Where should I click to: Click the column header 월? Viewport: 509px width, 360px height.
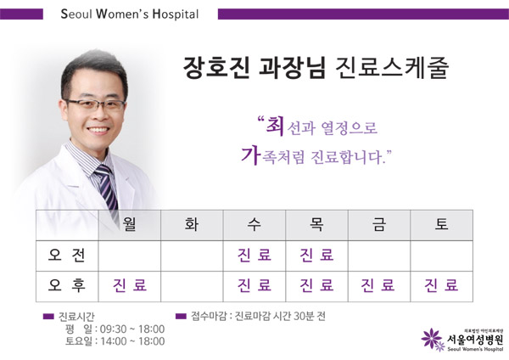[130, 225]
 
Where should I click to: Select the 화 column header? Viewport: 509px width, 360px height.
[192, 225]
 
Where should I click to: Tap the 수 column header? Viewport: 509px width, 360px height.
[255, 225]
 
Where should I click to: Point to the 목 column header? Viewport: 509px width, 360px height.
[316, 225]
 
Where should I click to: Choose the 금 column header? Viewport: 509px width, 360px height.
[379, 225]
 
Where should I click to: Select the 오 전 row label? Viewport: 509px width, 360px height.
[67, 255]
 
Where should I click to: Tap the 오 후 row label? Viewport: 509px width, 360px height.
[67, 285]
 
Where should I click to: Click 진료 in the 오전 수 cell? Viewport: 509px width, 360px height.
[255, 255]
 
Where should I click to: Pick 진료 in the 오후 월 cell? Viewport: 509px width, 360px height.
[130, 285]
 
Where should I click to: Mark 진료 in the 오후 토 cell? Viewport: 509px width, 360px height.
[441, 285]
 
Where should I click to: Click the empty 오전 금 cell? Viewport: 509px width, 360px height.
[379, 256]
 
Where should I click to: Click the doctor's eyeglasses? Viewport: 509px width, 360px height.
[95, 104]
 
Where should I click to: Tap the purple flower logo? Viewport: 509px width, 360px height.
[433, 340]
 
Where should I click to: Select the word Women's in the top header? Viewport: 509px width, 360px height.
[122, 14]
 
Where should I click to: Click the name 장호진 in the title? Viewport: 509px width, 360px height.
[216, 68]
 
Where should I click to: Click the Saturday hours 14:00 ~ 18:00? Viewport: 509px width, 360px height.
[132, 341]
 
